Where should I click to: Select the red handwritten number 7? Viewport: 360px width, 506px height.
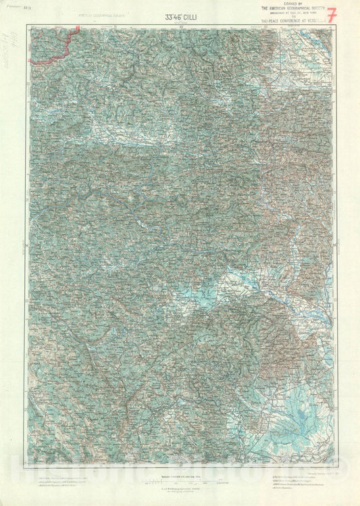point(330,15)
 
